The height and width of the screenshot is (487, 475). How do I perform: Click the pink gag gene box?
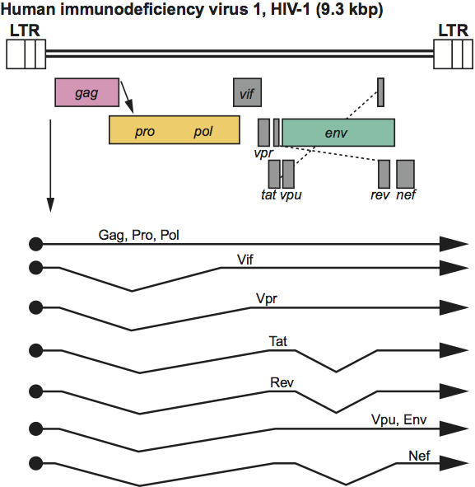tap(87, 92)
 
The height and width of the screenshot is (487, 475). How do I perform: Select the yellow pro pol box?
tap(175, 130)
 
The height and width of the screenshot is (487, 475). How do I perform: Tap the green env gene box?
tap(338, 133)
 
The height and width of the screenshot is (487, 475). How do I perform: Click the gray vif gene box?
tap(247, 92)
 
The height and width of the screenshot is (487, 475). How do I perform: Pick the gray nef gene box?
tap(406, 174)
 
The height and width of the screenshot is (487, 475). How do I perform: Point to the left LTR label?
tap(25, 30)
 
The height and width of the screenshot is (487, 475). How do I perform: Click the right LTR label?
tap(453, 30)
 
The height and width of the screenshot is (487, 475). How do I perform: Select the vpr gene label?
tap(263, 152)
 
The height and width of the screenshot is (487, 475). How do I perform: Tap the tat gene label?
tap(268, 194)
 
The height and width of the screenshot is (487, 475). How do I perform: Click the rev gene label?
tap(380, 194)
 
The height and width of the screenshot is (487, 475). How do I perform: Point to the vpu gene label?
tap(291, 195)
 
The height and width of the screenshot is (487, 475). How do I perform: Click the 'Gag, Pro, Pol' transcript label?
tap(138, 235)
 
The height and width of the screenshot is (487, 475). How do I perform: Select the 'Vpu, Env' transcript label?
tap(399, 420)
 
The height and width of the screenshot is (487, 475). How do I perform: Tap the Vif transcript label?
tap(245, 260)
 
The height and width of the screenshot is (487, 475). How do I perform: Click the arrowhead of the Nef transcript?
tap(454, 463)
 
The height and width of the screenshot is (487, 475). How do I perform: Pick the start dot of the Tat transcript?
tap(36, 350)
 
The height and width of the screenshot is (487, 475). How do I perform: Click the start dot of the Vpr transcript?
tap(36, 307)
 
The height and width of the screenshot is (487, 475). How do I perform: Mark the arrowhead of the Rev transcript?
tap(454, 391)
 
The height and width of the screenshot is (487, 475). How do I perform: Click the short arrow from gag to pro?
tap(127, 97)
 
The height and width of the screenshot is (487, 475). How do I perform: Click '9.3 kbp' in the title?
tap(350, 9)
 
